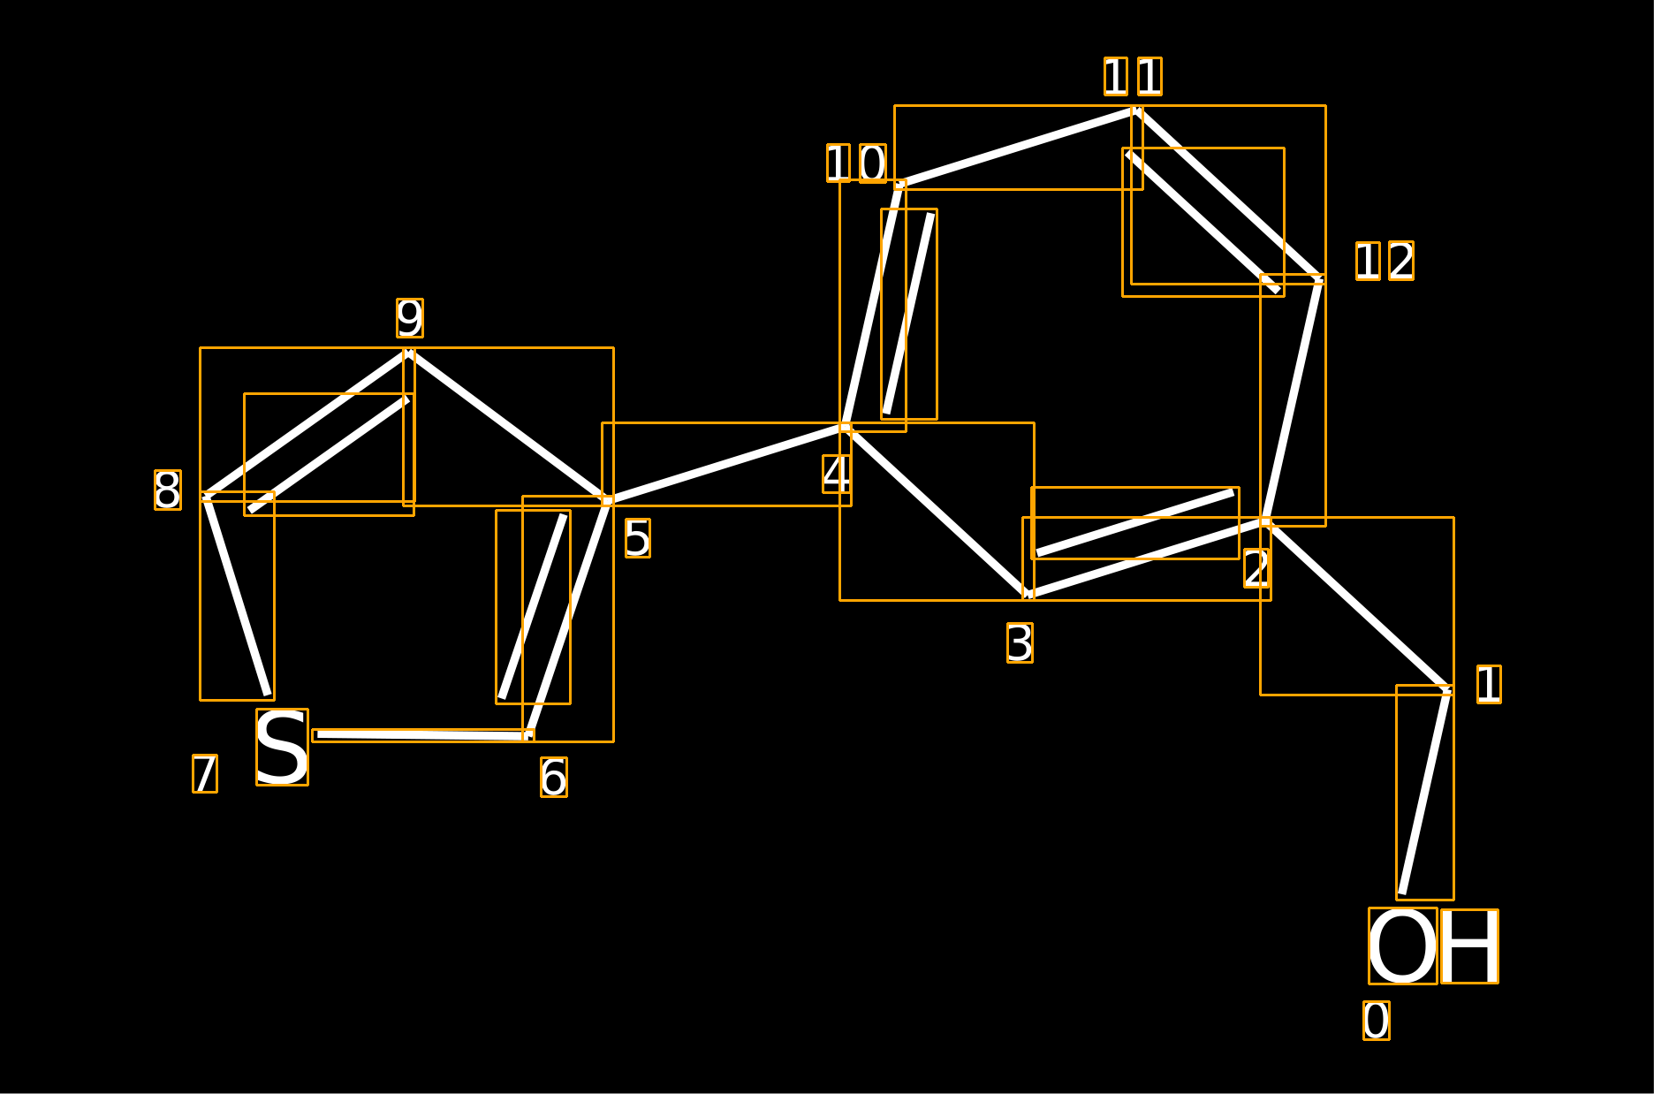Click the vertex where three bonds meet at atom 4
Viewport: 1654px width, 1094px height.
pos(846,428)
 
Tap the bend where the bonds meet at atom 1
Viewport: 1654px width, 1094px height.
pos(1448,689)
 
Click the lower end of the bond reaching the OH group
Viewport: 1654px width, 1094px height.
pos(1402,894)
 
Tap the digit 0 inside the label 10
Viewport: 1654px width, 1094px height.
pos(872,163)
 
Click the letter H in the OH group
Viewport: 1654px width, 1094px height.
pos(1469,946)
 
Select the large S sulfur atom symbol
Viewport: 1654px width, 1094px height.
pos(282,747)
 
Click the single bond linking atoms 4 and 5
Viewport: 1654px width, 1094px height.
pos(726,464)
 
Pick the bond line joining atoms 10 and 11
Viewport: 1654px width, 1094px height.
pos(1018,148)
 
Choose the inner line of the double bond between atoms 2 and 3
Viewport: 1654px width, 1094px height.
pos(1135,523)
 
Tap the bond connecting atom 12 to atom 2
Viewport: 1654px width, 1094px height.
pos(1293,400)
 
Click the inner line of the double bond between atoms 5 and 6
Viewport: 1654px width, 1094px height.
pos(533,607)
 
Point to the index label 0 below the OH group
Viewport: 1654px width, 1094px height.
pos(1377,1021)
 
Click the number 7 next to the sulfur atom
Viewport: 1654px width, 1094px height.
pos(205,774)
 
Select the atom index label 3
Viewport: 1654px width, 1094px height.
pos(1020,643)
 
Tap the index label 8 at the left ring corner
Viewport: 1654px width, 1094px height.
pos(168,490)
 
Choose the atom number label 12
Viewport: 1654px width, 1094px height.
pos(1385,261)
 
